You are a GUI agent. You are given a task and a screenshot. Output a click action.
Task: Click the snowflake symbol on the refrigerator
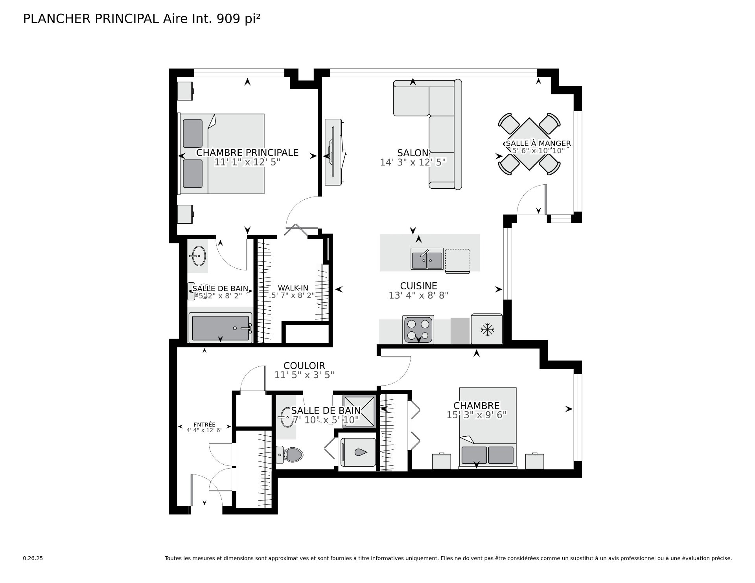pos(488,330)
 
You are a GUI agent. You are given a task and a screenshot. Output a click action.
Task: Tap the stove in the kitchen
pos(418,329)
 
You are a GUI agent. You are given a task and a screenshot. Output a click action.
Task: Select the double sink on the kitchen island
pos(427,259)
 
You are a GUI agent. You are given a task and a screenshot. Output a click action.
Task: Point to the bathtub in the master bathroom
pos(220,327)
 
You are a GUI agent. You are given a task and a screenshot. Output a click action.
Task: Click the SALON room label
pos(412,153)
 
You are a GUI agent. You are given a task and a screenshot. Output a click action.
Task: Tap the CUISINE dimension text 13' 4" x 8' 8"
pos(418,295)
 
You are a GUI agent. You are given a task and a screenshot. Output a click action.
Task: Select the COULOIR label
pos(304,366)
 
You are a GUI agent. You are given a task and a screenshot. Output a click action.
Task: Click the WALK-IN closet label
pos(293,288)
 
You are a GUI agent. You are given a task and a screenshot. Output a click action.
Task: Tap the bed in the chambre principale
pos(221,154)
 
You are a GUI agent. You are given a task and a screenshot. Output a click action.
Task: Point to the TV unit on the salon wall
pos(335,151)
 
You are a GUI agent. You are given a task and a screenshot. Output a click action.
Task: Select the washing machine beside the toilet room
pos(358,452)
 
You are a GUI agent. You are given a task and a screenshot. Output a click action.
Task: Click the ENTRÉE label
pos(204,425)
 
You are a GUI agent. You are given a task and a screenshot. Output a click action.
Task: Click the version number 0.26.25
pos(33,558)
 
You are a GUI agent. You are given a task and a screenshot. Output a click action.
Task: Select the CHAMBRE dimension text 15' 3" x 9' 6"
pos(477,415)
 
